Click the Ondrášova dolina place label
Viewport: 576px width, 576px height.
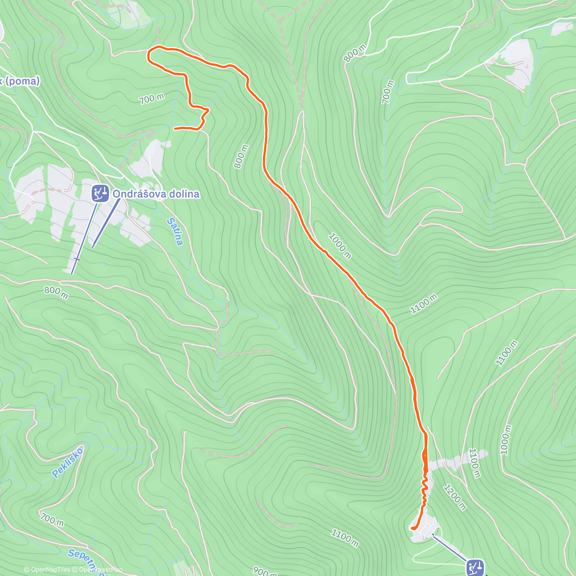pos(156,194)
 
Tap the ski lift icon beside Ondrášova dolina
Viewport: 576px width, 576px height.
pos(100,193)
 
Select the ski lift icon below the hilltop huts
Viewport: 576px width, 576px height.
pos(475,567)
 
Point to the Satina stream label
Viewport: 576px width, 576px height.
pos(175,231)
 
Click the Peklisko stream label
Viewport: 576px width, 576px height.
pos(68,462)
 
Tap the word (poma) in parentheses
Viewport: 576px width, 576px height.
pos(23,81)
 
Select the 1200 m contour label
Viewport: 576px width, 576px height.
pos(454,498)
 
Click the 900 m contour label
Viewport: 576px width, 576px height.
pos(264,571)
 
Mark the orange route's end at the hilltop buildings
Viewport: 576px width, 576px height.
pos(413,528)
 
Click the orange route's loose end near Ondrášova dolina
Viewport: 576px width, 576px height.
pos(175,128)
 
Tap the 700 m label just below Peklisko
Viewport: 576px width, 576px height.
pos(52,519)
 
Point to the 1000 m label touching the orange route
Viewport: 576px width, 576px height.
pos(340,245)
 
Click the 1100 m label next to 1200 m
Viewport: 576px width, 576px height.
pos(474,463)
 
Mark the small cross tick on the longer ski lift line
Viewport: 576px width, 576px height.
pos(77,259)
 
